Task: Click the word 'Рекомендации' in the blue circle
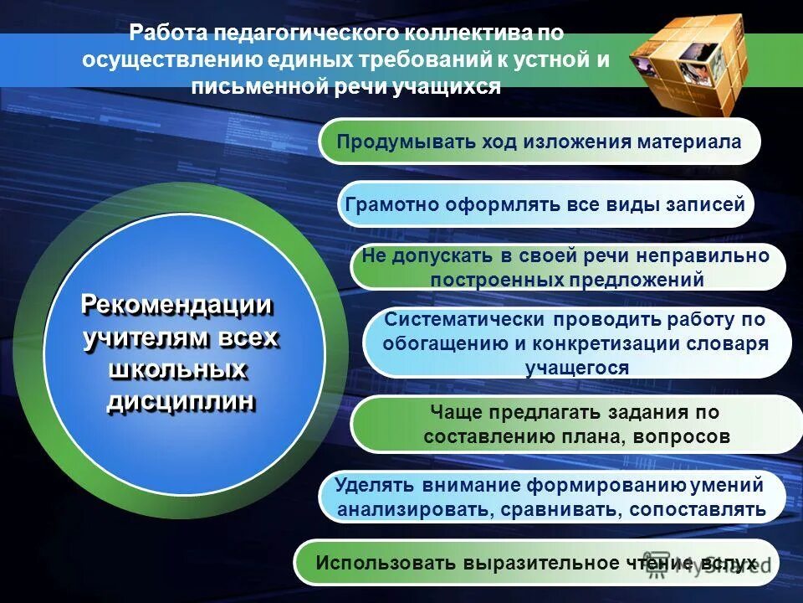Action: pos(177,306)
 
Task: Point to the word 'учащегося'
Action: pos(577,367)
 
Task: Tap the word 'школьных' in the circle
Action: pos(178,369)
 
